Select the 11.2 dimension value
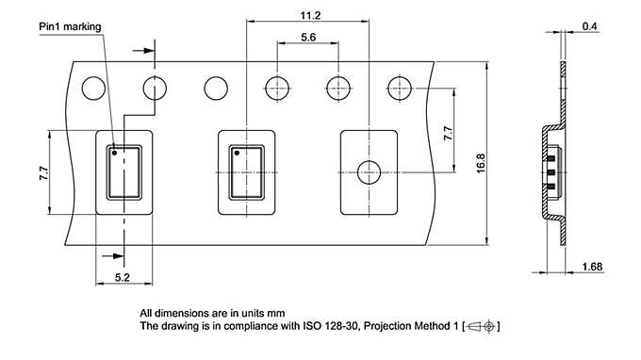pyautogui.click(x=308, y=16)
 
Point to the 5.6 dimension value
pyautogui.click(x=307, y=38)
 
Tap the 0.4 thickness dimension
pyautogui.click(x=589, y=25)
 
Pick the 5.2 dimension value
pyautogui.click(x=122, y=276)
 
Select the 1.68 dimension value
pyautogui.click(x=592, y=266)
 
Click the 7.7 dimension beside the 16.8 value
pyautogui.click(x=448, y=134)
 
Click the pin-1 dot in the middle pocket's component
pyautogui.click(x=237, y=152)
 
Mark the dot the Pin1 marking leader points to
pyautogui.click(x=114, y=151)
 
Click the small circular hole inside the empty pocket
pyautogui.click(x=368, y=172)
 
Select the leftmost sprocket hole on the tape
pyautogui.click(x=93, y=89)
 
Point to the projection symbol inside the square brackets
pyautogui.click(x=481, y=326)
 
